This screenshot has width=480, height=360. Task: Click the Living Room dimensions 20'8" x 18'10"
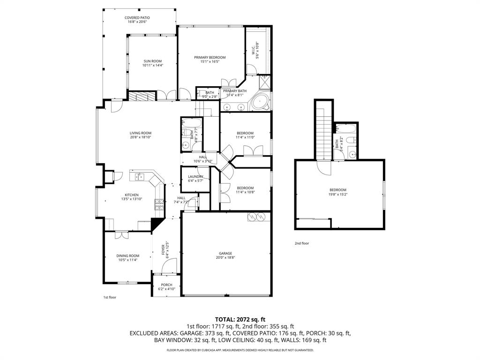tap(141, 137)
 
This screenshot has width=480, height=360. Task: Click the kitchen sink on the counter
tap(139, 177)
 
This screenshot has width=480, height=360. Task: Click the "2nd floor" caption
tap(302, 243)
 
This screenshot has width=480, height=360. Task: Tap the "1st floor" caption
tap(110, 297)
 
